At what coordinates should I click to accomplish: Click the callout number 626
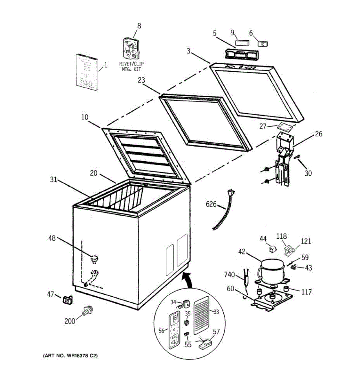(x=211, y=204)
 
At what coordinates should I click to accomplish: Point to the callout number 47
(x=51, y=294)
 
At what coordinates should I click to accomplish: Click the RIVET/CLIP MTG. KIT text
(x=131, y=67)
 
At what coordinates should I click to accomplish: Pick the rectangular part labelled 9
(x=242, y=43)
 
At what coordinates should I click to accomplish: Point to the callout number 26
(x=318, y=134)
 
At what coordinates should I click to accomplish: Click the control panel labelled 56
(x=174, y=331)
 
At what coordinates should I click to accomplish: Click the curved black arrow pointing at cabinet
(x=189, y=279)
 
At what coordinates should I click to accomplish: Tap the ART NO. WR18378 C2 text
(x=69, y=356)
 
